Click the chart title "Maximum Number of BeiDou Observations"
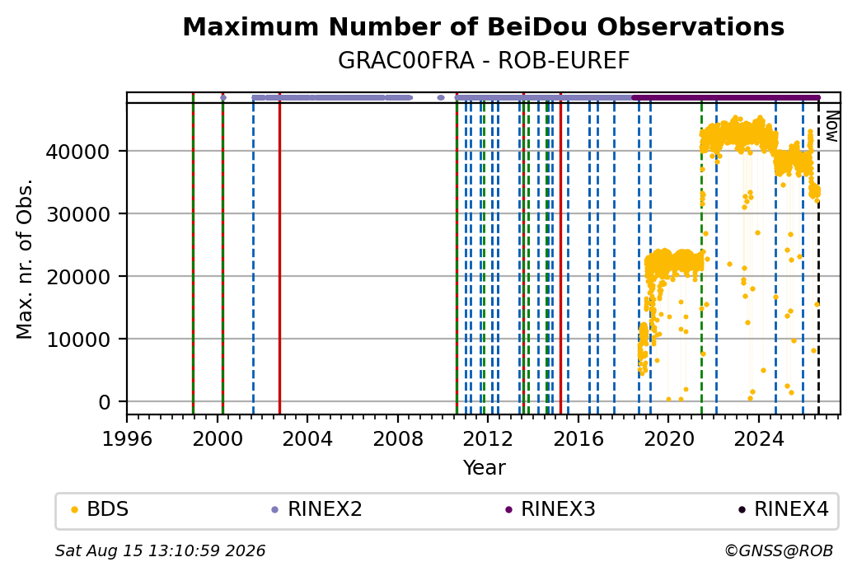(483, 26)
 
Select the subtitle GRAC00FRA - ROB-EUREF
(484, 60)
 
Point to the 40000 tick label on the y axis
(78, 152)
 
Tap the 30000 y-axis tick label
(78, 214)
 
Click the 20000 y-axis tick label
(78, 277)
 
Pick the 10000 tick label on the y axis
(78, 340)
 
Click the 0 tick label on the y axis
(105, 402)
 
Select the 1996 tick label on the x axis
(127, 439)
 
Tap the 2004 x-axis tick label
(307, 439)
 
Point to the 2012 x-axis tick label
(488, 439)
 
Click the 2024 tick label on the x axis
(759, 439)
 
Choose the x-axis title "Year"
(485, 468)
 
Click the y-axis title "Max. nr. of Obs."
(25, 258)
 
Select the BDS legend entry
(101, 509)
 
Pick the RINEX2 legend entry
(317, 509)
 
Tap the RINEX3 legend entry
(550, 509)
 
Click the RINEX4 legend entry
(784, 509)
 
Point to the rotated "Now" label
(831, 126)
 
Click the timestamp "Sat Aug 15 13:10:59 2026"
(160, 550)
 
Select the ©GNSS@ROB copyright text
(780, 550)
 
